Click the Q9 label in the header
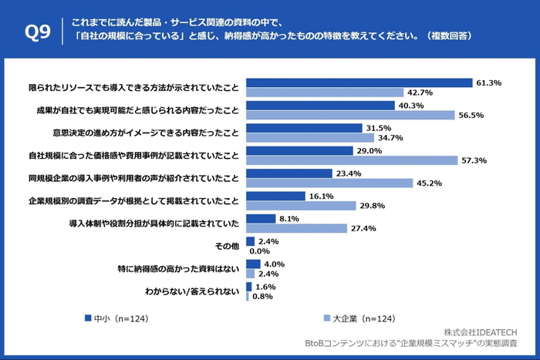(37, 32)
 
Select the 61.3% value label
(489, 82)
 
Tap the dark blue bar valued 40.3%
(320, 106)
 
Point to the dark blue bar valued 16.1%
(276, 197)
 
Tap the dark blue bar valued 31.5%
(303, 128)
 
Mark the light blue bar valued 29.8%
(300, 206)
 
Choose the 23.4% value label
(349, 173)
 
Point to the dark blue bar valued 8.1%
(261, 219)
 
